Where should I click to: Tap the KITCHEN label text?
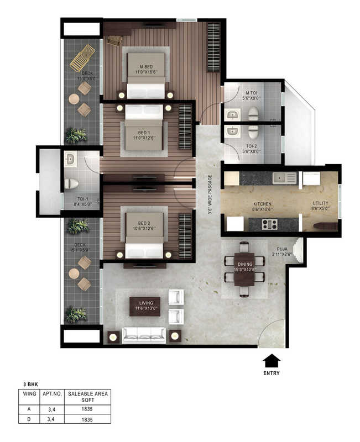pos(262,204)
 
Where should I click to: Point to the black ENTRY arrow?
pos(272,361)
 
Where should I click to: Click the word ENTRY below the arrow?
pos(272,373)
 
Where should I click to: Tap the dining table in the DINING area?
pos(244,269)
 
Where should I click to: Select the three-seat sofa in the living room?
pos(144,334)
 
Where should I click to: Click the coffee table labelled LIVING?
pos(145,306)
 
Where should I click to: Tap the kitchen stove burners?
pos(269,224)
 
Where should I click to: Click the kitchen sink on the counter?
pos(286,178)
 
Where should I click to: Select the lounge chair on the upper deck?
pos(82,57)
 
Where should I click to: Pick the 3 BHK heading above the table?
pos(30,383)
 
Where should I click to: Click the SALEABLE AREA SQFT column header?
pos(88,397)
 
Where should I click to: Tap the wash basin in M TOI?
pos(231,115)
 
